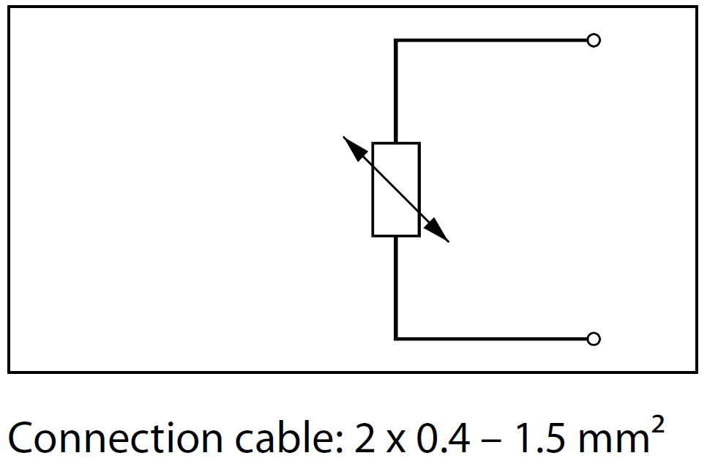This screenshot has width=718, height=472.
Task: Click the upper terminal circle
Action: point(594,40)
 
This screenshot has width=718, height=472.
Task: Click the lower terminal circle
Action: point(594,338)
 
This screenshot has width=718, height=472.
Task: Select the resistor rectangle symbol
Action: point(396,190)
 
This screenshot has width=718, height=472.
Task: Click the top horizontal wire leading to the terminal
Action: point(490,40)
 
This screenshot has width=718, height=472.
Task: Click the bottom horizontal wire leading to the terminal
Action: point(490,338)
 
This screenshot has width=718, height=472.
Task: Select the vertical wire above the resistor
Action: point(396,91)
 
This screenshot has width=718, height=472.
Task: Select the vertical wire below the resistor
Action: point(396,287)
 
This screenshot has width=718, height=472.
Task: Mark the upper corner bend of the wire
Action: point(396,40)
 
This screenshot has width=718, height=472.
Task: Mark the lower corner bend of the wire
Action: point(396,338)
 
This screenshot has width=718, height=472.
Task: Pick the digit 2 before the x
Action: point(364,439)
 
